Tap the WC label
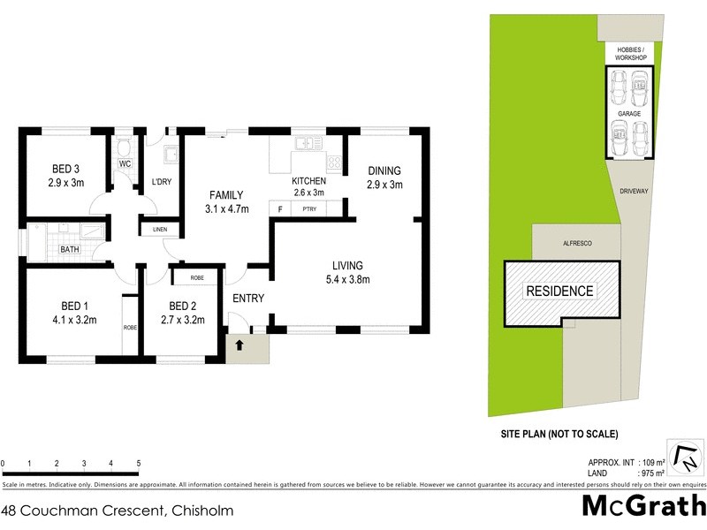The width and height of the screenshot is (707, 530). (125, 164)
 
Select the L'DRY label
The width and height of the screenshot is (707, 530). (162, 182)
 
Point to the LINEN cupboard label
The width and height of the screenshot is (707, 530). (159, 230)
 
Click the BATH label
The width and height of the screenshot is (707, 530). (69, 250)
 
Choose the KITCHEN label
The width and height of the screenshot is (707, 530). (308, 181)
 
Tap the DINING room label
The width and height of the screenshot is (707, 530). (384, 171)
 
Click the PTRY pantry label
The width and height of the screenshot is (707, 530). (309, 209)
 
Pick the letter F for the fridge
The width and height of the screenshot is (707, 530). (280, 209)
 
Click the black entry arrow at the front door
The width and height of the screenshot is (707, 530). (238, 345)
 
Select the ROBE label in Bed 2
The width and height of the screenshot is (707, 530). (197, 277)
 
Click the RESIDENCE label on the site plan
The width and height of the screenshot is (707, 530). (560, 291)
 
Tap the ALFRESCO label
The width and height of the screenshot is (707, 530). (577, 242)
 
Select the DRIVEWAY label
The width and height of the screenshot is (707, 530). (634, 190)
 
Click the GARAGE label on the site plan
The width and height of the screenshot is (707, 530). (629, 114)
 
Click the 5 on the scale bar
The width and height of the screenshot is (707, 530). (139, 464)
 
